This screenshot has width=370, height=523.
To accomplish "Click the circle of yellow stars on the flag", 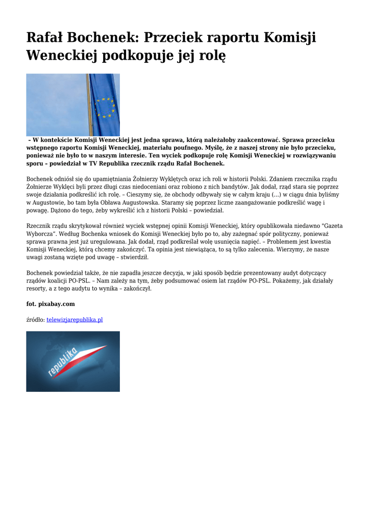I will [106, 107].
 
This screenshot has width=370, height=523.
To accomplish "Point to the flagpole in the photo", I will [90, 105].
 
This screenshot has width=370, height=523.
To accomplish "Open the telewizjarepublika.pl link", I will [75, 320].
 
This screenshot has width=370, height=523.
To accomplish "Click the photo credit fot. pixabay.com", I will [51, 304].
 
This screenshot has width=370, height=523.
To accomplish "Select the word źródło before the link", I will [35, 320].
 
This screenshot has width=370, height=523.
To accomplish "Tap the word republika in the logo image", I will [62, 362].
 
